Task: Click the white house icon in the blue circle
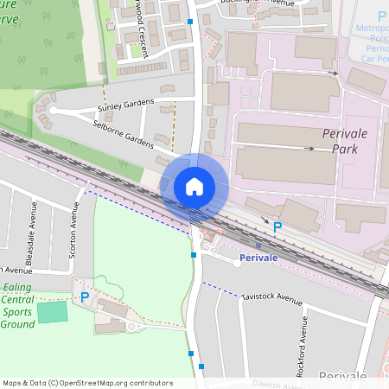point(194,187)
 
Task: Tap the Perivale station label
point(258,258)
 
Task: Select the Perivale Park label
point(345,141)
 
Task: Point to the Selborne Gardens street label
point(121,137)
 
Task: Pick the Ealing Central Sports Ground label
point(18,305)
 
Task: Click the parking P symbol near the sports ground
point(84,297)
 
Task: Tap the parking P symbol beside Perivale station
point(277,227)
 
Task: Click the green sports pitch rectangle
point(52,311)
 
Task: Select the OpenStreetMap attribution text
point(87,383)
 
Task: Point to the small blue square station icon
point(258,246)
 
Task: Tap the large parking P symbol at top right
point(381,16)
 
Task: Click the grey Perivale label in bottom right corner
point(342,376)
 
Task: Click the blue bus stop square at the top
point(190,20)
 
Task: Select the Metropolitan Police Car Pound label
point(373,38)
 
